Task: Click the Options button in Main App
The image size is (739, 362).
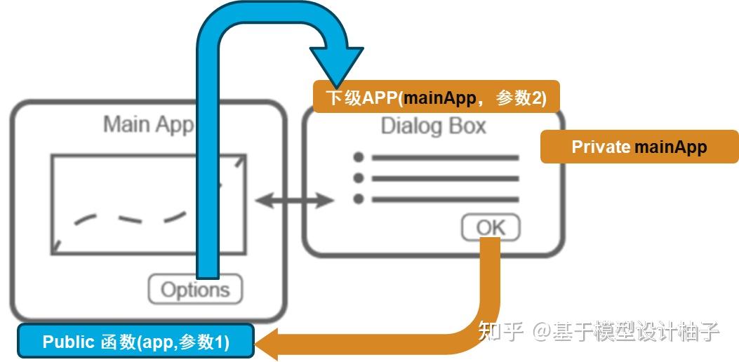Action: coord(194,289)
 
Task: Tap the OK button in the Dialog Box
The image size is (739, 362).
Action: coord(491,227)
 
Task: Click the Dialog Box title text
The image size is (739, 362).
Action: coord(433,126)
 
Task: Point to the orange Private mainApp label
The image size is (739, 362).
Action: coord(639,147)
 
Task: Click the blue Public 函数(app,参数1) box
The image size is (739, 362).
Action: coord(135,342)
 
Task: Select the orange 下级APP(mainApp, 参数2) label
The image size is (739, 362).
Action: coord(436,97)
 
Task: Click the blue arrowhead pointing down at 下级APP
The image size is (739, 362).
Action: coord(337,67)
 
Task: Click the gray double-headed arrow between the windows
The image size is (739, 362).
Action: coord(294,201)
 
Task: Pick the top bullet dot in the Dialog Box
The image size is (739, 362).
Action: coord(359,157)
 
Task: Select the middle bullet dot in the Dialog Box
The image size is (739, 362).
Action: coord(359,178)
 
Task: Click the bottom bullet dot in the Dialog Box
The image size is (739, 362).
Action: coord(359,199)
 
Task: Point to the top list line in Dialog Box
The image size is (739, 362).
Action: coord(445,158)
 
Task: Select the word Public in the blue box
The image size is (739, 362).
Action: coord(68,342)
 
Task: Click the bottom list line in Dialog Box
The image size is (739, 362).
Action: coord(445,200)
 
